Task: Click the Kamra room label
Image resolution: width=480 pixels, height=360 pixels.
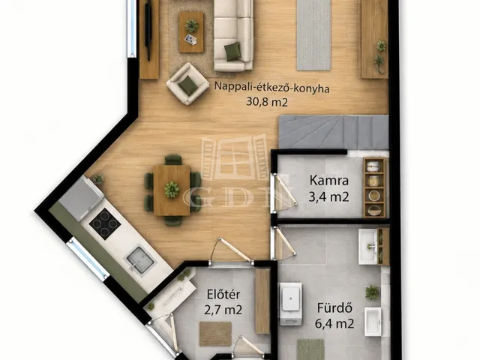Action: (329, 180)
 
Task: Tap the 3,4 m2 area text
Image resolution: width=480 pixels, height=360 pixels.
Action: (328, 196)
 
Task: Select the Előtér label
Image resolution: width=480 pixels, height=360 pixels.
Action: (223, 294)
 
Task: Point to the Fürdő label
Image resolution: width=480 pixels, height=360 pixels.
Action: (334, 307)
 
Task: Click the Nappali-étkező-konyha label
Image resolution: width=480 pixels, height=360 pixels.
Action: (271, 87)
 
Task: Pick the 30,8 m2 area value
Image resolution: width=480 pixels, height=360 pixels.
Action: (267, 102)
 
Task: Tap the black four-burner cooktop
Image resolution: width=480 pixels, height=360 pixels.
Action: (105, 223)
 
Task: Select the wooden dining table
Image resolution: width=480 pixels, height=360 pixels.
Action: (172, 190)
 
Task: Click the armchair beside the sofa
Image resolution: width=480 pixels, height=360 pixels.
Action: (187, 84)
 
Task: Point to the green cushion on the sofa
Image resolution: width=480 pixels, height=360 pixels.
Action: (232, 50)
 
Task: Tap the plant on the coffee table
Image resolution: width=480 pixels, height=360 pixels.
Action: (191, 25)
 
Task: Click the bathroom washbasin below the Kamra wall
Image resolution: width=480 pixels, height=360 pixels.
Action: (370, 246)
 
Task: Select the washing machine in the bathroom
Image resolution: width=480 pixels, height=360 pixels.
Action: (291, 304)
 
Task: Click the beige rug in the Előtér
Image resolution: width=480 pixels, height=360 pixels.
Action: (215, 334)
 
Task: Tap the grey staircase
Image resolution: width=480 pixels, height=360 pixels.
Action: (334, 132)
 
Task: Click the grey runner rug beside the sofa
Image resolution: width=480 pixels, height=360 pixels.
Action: (313, 35)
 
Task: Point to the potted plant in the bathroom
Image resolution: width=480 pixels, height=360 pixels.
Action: (372, 292)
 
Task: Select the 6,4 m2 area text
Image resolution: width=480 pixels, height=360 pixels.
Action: (334, 323)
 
